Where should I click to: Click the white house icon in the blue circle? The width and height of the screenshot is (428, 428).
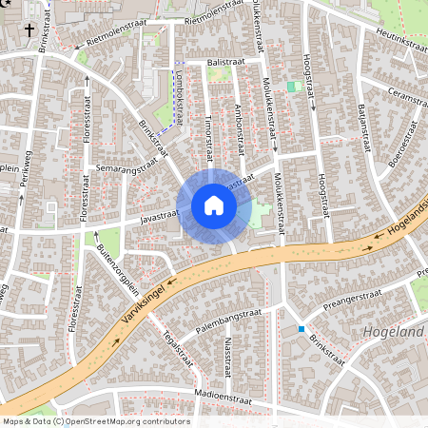point(214,205)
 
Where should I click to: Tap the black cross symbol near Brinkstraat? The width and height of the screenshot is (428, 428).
point(29,30)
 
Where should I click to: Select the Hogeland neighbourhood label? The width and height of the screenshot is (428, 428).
point(394,333)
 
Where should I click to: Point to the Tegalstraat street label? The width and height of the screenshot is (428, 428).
point(178,347)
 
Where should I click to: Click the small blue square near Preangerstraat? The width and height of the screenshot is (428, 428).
point(302,329)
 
